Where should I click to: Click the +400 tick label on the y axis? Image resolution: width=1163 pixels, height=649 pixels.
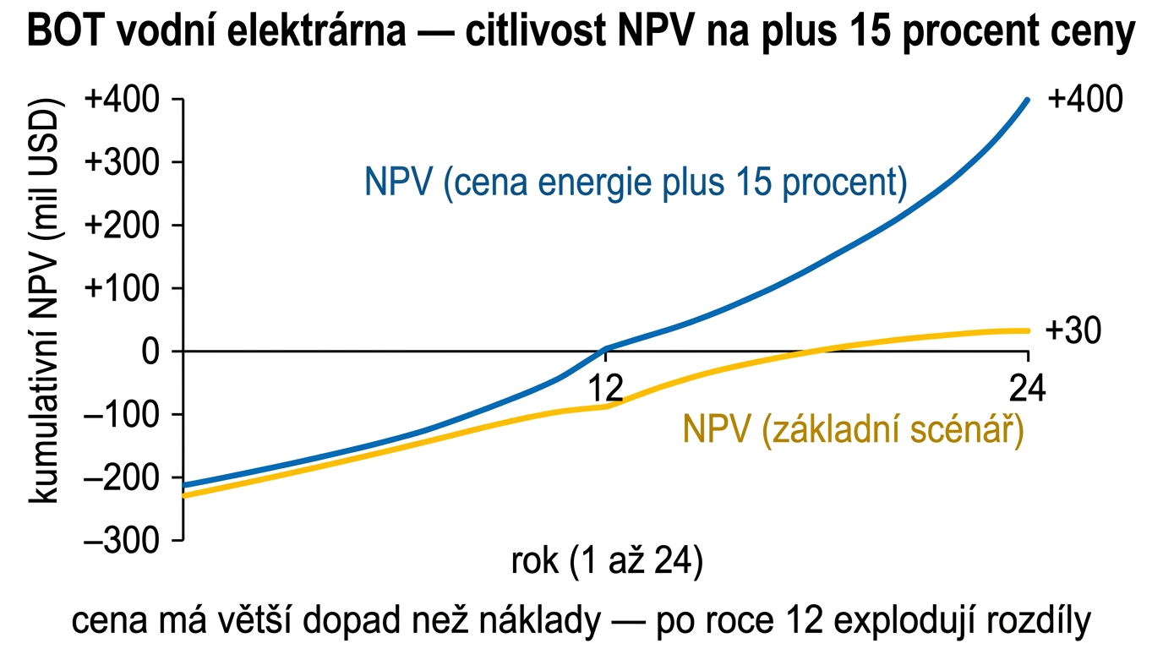125,100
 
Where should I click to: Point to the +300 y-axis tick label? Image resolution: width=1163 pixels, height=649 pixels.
125,162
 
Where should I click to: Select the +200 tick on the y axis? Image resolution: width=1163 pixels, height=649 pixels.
125,226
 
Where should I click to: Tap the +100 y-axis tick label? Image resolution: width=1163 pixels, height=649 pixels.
125,288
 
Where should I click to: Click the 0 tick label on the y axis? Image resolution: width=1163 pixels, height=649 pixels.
153,351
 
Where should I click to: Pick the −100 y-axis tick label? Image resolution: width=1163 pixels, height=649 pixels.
125,414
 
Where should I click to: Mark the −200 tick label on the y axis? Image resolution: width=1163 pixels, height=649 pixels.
125,477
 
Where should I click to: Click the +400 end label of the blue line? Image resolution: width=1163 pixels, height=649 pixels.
1085,100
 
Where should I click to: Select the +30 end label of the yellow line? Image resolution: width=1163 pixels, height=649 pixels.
1073,331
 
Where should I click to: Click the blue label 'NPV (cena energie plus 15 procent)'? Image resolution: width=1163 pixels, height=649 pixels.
636,183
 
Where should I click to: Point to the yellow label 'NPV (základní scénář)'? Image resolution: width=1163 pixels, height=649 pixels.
854,431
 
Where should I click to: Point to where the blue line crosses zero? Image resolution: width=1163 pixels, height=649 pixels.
602,350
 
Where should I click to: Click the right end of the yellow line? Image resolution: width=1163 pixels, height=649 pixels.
1027,330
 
